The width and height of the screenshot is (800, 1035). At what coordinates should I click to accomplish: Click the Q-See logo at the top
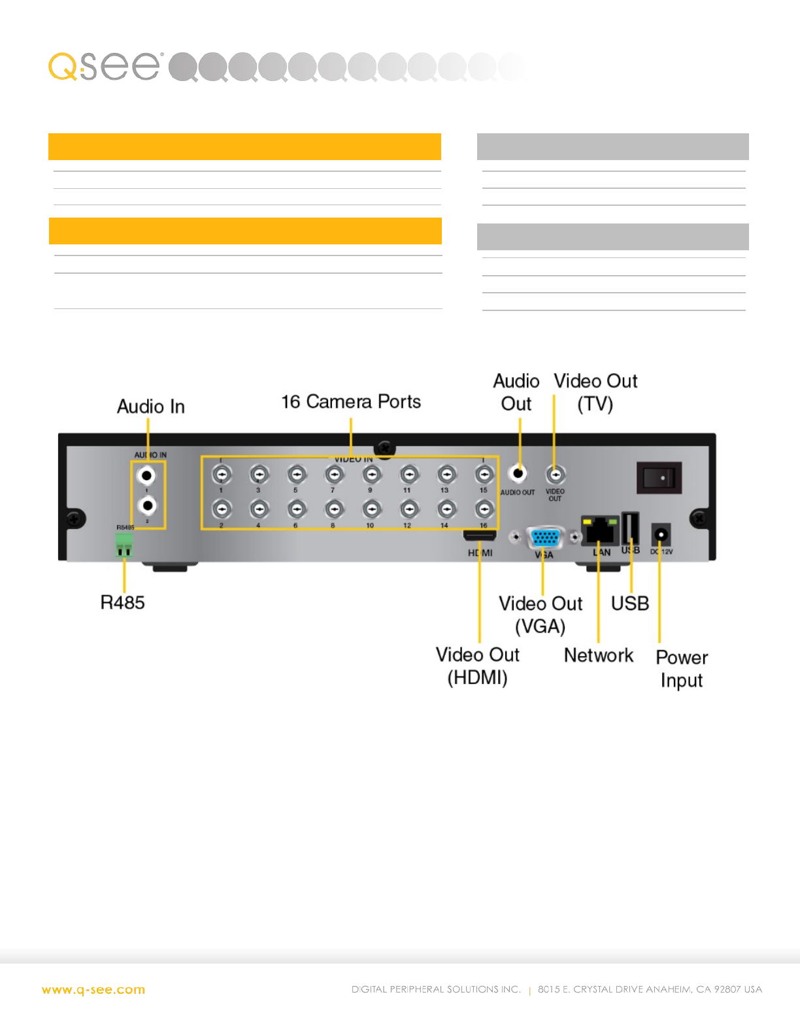(x=105, y=66)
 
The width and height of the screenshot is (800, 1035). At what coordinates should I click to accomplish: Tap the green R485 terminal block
(x=124, y=544)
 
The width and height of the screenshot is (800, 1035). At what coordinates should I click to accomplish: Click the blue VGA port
(x=545, y=538)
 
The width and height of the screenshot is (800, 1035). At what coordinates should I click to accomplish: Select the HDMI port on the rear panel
(x=480, y=536)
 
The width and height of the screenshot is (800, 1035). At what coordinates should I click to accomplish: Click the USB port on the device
(x=631, y=527)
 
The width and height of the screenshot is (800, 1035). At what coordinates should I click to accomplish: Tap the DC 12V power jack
(x=661, y=535)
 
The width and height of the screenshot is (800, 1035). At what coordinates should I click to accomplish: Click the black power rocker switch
(x=659, y=478)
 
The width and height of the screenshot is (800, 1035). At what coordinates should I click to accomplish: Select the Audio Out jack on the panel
(x=518, y=473)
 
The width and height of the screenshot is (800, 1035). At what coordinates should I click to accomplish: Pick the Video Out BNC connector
(x=555, y=474)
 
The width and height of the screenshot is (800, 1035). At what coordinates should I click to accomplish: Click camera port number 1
(x=222, y=474)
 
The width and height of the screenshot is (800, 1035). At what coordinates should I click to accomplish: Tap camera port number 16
(x=484, y=509)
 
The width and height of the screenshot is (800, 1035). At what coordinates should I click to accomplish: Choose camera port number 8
(x=334, y=509)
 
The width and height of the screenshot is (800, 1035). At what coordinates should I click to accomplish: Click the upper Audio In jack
(x=148, y=476)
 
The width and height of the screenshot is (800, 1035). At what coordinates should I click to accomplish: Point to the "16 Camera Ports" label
(x=351, y=402)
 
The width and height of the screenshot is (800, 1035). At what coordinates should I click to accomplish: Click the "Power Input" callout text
(x=682, y=668)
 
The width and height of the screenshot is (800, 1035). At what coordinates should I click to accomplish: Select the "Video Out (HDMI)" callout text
(x=478, y=666)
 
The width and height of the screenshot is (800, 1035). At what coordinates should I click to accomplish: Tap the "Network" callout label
(x=599, y=655)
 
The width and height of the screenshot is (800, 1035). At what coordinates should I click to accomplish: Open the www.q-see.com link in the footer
(x=93, y=990)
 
